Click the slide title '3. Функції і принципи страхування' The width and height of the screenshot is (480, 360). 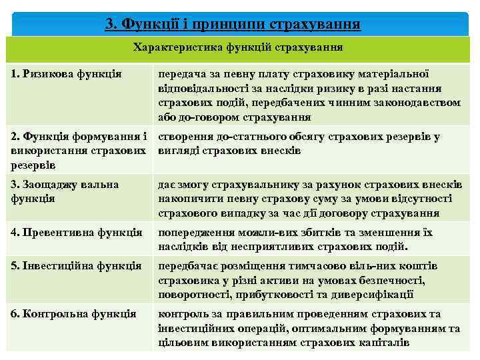click(233, 25)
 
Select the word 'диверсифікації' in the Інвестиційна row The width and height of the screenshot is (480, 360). click(377, 293)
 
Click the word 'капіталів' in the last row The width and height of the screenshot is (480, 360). click(385, 342)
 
